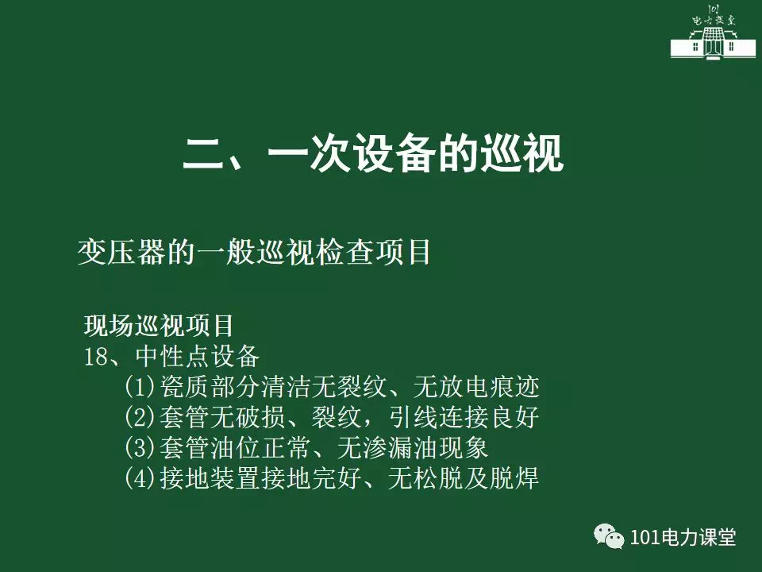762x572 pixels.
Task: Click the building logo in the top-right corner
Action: [x=713, y=32]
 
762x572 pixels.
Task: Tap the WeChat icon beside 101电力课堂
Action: [x=609, y=536]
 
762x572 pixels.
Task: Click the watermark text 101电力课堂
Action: [x=683, y=537]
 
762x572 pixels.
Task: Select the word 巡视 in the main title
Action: [x=522, y=153]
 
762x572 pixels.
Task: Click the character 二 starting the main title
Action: [x=202, y=153]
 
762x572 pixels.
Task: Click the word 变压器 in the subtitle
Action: [x=121, y=252]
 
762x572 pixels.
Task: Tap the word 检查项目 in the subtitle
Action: [x=373, y=252]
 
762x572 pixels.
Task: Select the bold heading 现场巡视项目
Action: [x=159, y=326]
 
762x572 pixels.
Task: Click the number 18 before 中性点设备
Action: [x=96, y=357]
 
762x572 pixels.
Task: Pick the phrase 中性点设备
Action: [x=198, y=356]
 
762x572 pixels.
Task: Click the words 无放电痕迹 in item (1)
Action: [x=476, y=387]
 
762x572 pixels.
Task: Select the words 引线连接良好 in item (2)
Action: [x=464, y=417]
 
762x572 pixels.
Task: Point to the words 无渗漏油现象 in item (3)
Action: [x=413, y=447]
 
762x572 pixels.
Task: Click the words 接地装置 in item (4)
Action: [x=210, y=478]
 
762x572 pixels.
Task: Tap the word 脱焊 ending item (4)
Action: [x=514, y=478]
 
